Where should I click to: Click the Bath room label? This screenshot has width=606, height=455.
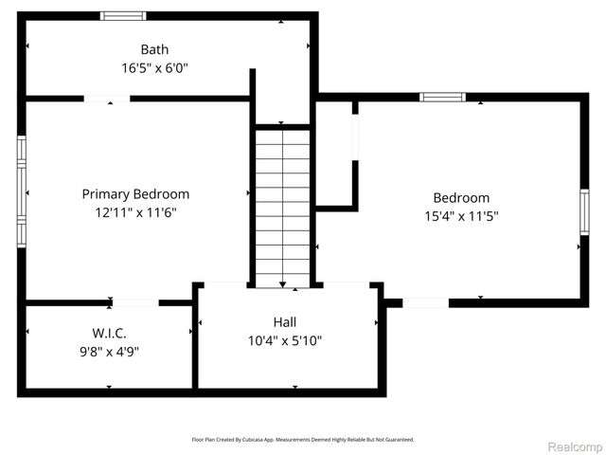point(155,49)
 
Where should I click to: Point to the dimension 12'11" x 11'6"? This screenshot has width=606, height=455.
point(135,212)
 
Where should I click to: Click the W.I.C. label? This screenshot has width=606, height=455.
point(109,333)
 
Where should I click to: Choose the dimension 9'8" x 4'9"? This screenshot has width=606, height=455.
point(109,351)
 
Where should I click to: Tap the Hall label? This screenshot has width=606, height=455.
point(284,322)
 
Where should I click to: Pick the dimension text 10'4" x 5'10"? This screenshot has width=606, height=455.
point(284,340)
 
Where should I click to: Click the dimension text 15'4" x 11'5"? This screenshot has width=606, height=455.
point(461,216)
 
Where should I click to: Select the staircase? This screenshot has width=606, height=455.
point(282,207)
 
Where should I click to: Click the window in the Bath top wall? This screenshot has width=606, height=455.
point(124,15)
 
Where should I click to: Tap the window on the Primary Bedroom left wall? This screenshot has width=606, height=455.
point(21,191)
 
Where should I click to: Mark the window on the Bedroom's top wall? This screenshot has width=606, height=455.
point(442,97)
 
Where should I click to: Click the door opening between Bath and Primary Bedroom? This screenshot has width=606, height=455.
point(107,98)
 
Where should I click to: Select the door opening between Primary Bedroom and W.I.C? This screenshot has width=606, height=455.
point(135,302)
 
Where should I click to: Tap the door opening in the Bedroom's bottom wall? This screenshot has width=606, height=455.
point(425,302)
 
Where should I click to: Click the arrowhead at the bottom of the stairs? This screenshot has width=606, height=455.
point(282,282)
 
